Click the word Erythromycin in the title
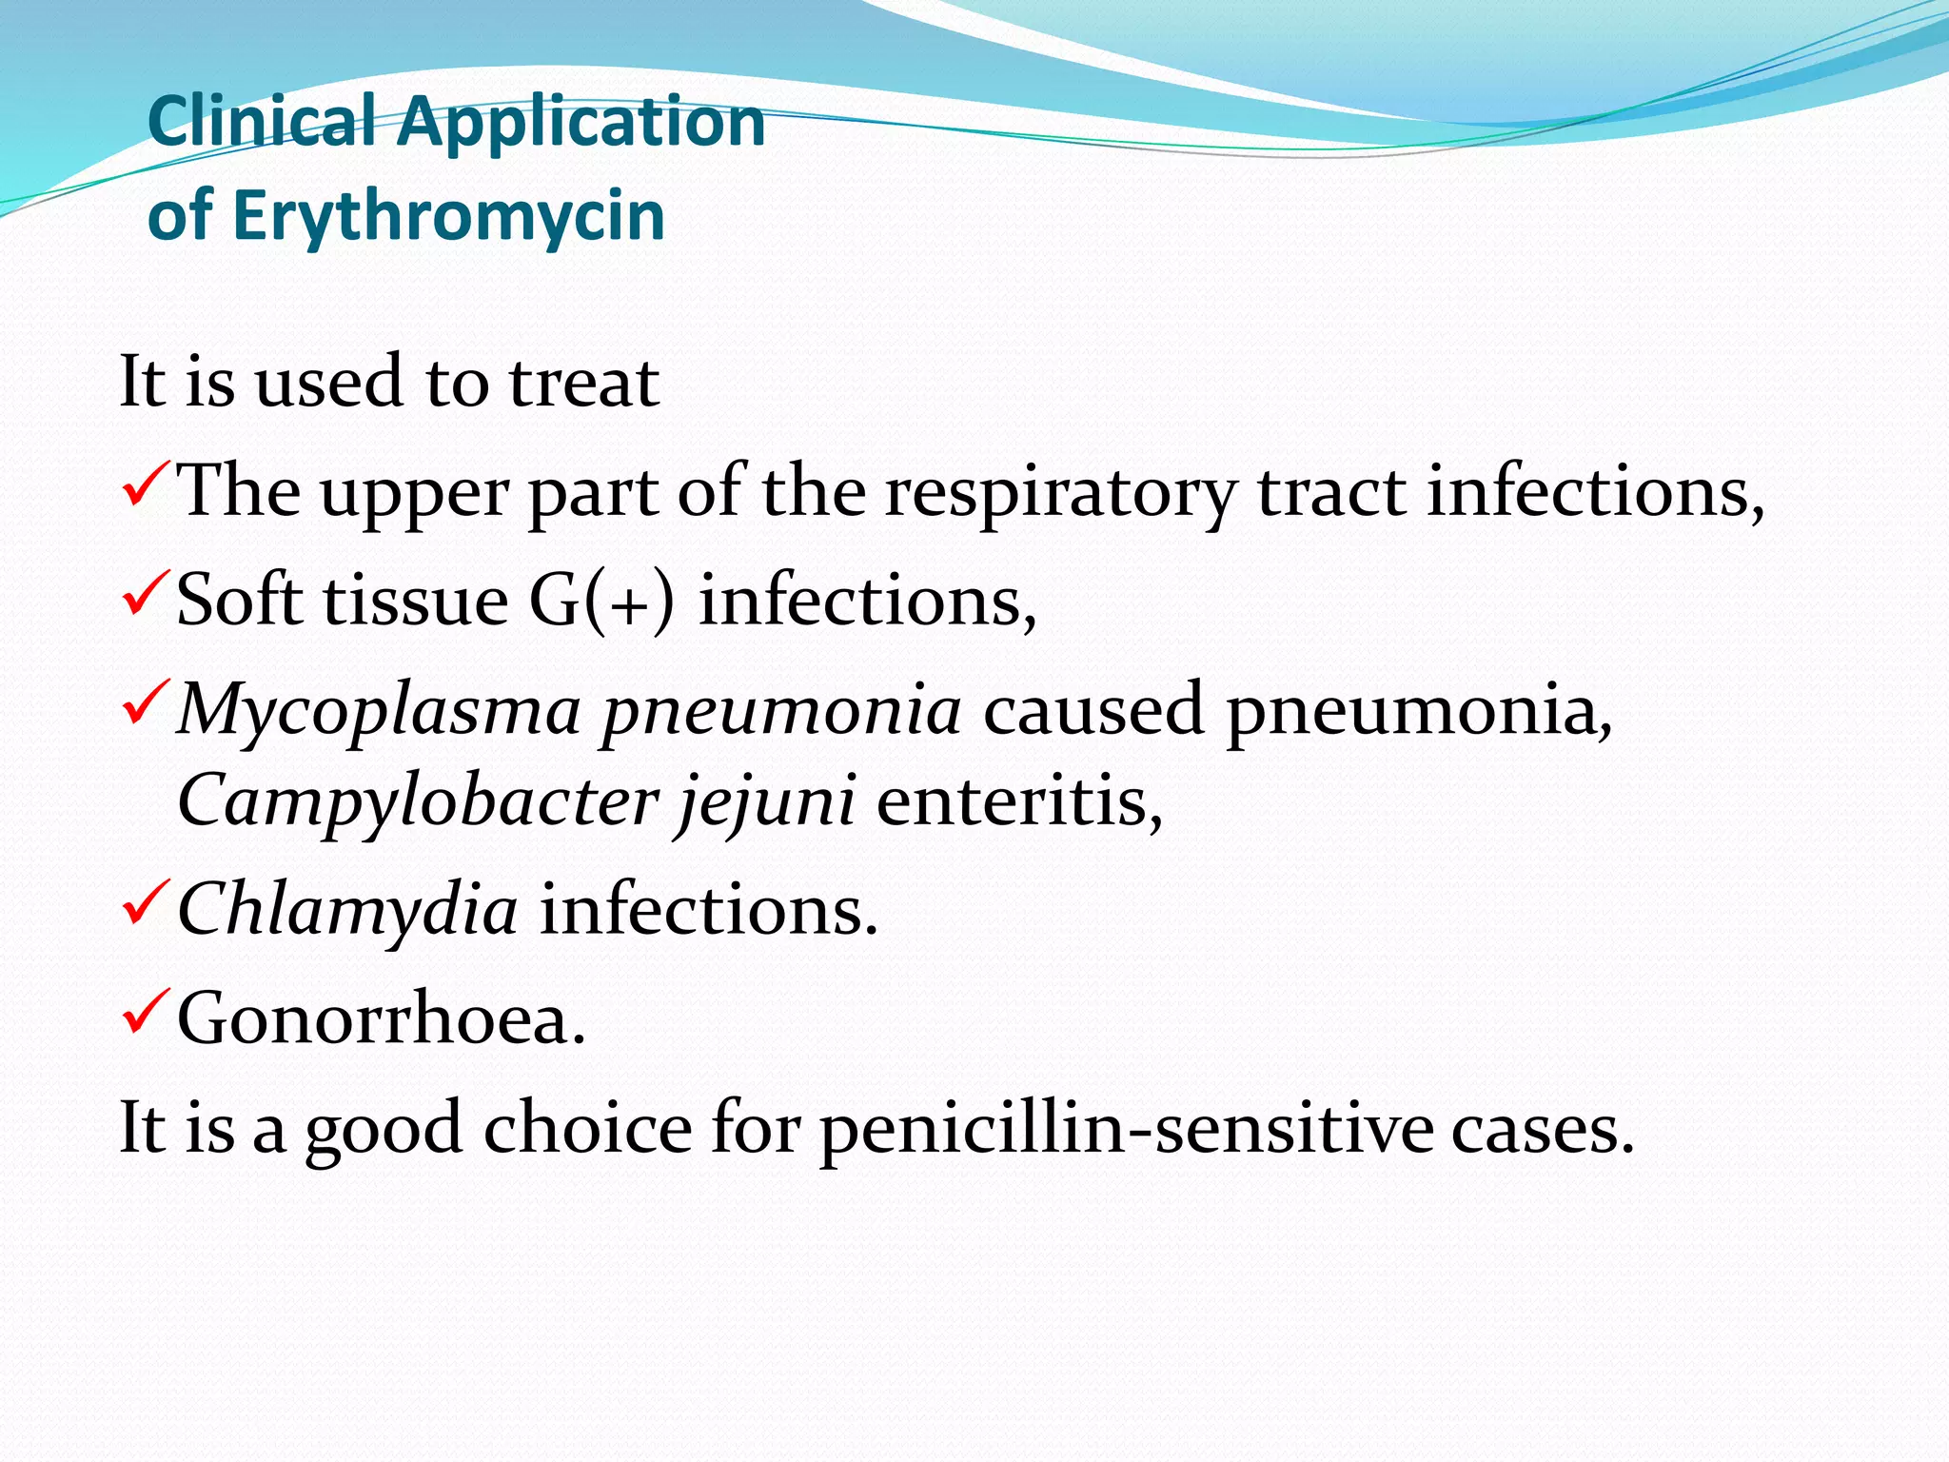tap(447, 217)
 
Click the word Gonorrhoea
tap(381, 1018)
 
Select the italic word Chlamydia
tap(347, 909)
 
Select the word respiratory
tap(1059, 493)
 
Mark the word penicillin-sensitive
tap(1126, 1129)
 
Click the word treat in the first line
tap(583, 383)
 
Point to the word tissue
tap(416, 602)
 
